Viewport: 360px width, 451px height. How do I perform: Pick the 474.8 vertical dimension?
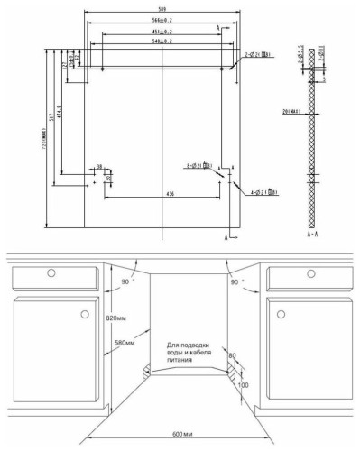61,120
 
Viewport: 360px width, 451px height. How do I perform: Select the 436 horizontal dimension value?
169,193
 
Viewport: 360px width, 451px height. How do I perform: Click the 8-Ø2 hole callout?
198,167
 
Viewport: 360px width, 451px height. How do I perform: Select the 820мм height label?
115,318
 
